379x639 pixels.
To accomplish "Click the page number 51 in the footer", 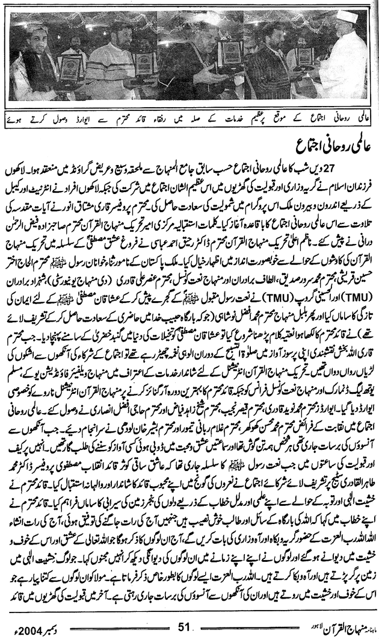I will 184,626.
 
